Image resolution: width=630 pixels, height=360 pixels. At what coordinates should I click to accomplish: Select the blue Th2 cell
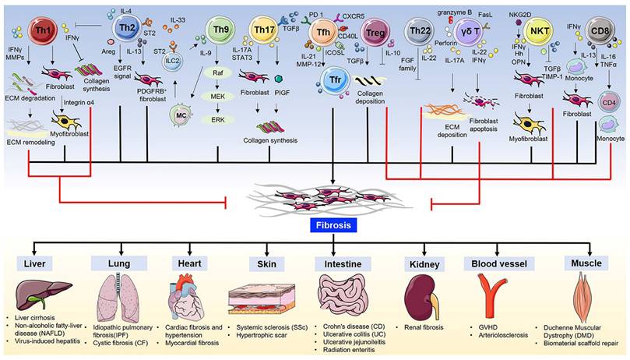point(125,28)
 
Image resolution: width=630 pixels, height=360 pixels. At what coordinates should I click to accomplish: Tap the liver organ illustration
point(44,288)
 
